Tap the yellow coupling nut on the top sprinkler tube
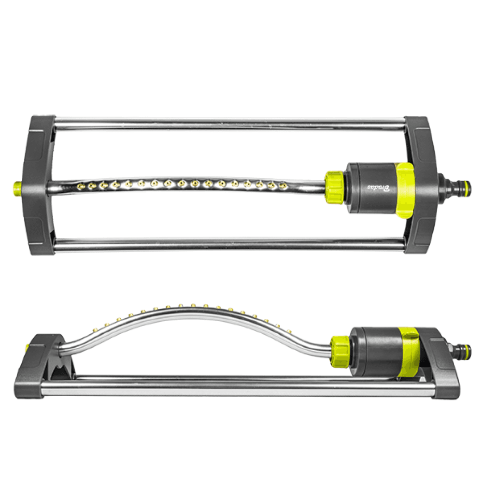(334, 186)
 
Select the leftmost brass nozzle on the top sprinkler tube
(79, 185)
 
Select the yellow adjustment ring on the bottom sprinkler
(408, 351)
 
